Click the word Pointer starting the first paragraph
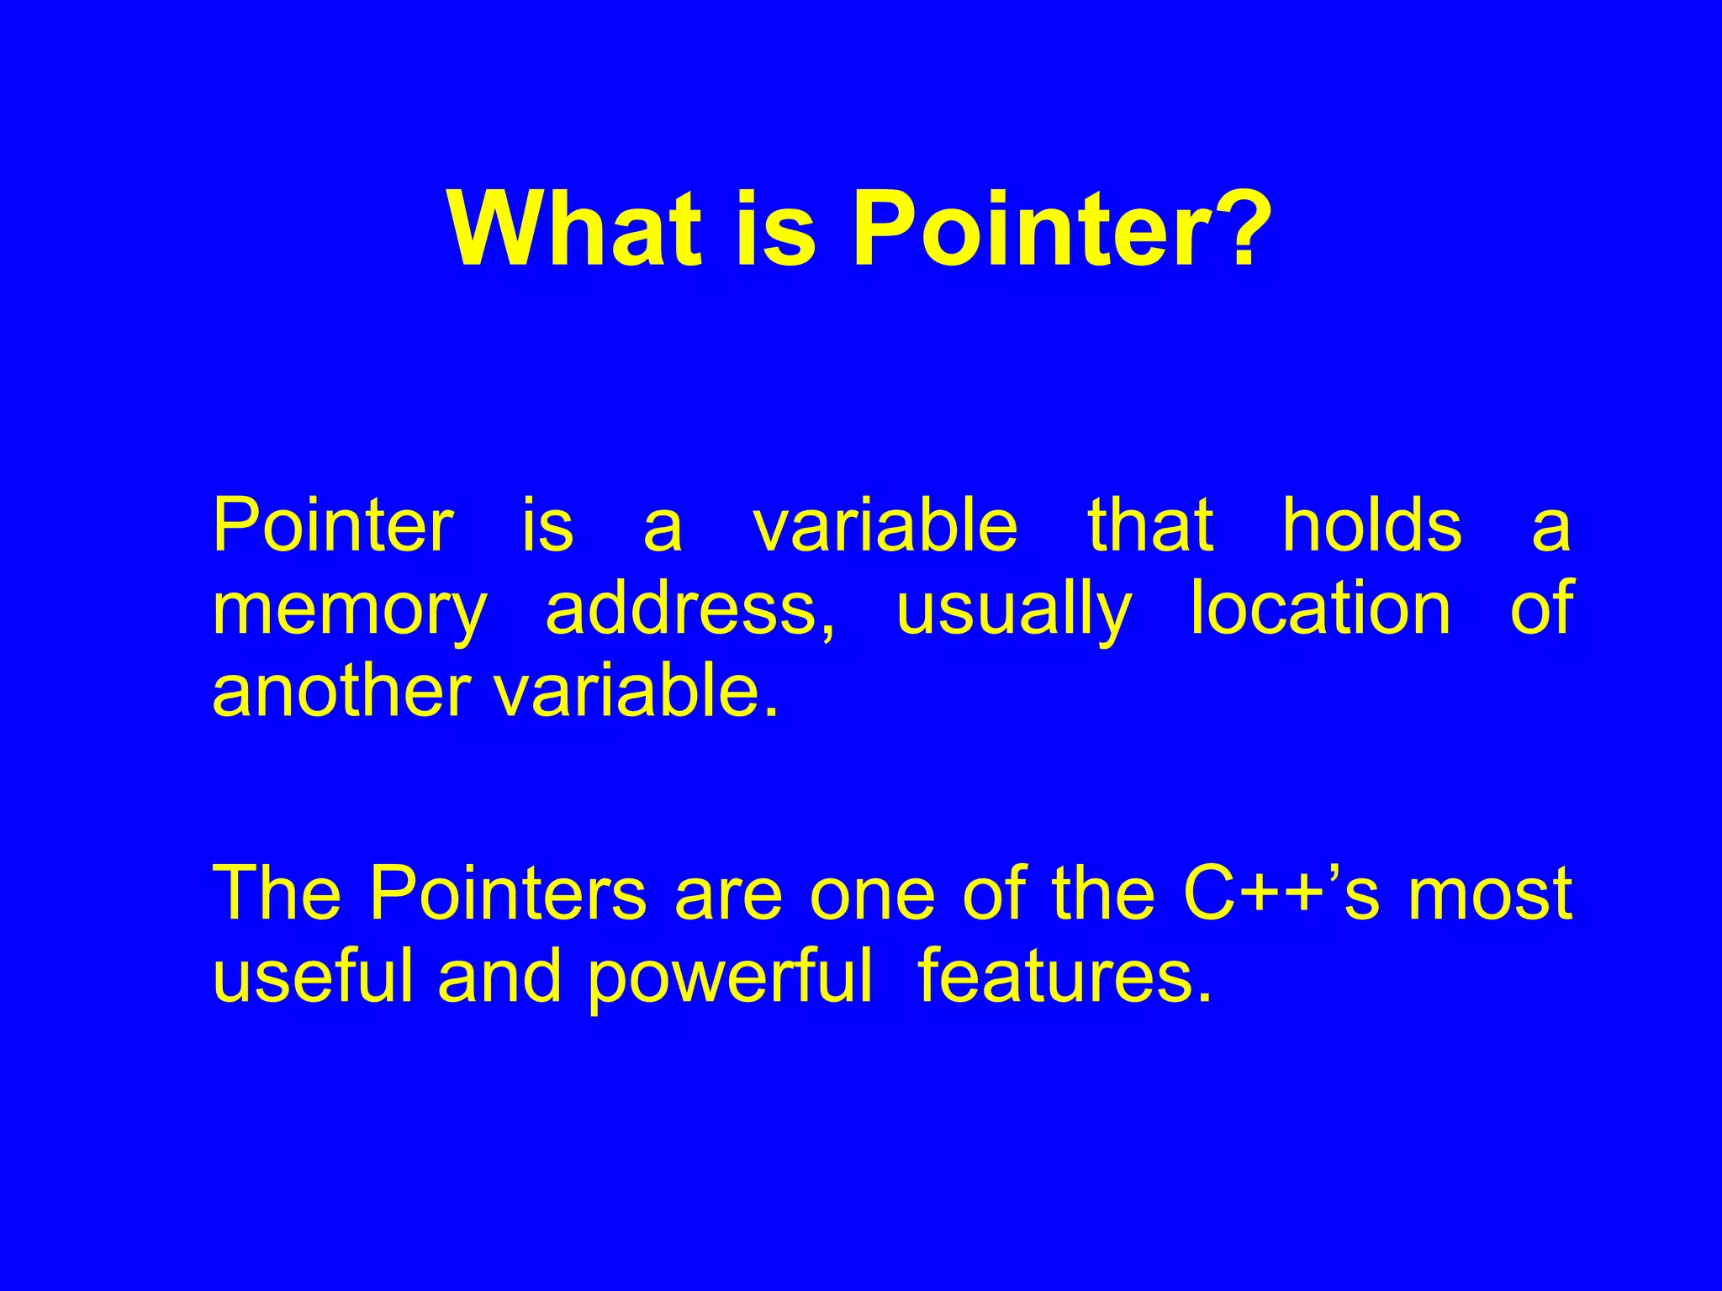[333, 526]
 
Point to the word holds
[1371, 526]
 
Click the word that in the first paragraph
[1150, 526]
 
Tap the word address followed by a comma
[689, 610]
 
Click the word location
[1320, 610]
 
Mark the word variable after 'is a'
[885, 526]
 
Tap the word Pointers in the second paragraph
[508, 894]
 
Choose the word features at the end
[1064, 977]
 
